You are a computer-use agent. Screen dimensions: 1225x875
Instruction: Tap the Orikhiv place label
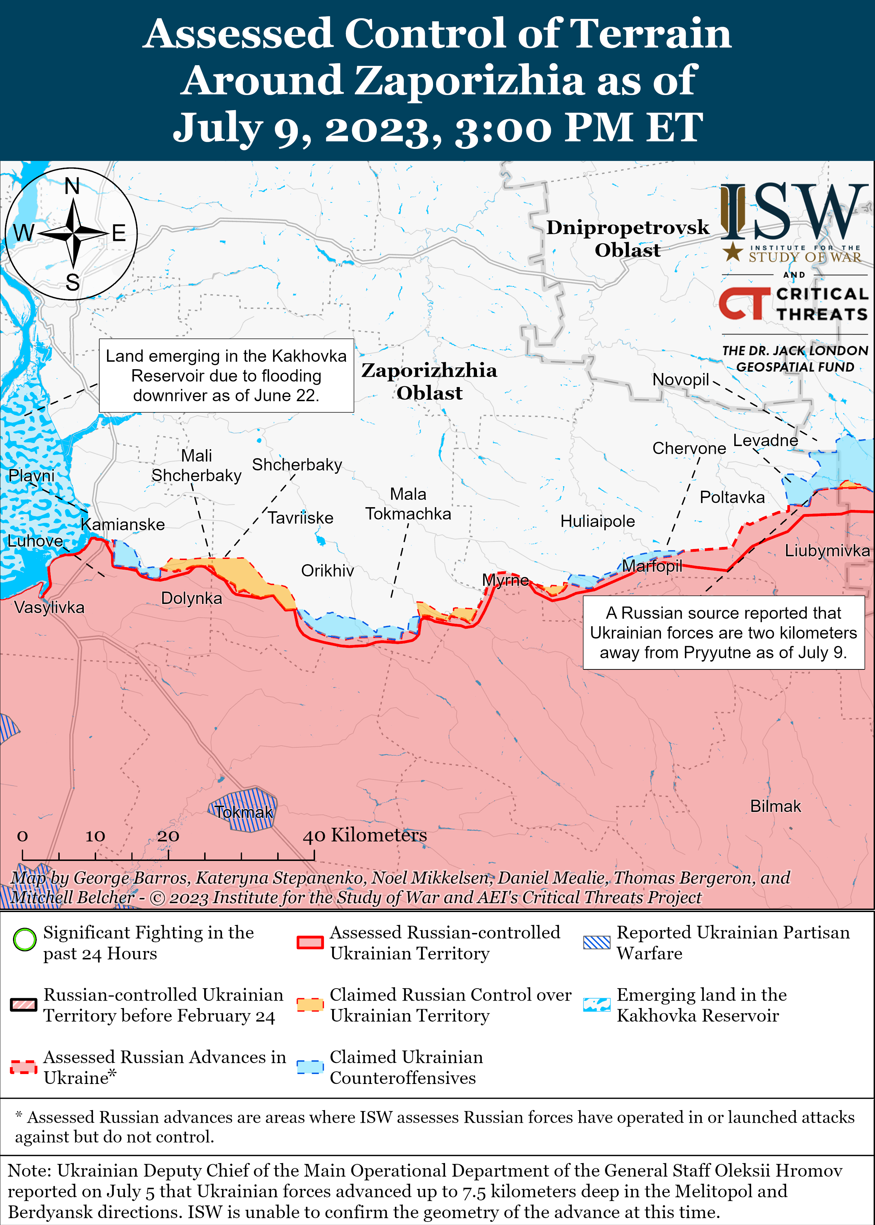pos(327,571)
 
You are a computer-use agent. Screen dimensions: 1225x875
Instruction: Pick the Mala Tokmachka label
pos(408,504)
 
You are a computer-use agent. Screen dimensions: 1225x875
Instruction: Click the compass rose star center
pos(73,233)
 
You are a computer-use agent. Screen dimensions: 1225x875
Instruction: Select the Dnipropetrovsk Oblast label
pos(627,238)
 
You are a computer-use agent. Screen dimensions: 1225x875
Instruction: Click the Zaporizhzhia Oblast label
pos(429,381)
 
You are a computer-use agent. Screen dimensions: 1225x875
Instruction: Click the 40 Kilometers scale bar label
pos(365,835)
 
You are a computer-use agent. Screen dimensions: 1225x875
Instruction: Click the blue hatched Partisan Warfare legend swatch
pos(596,942)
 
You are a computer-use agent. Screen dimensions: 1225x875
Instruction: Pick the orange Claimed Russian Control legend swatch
pos(310,1004)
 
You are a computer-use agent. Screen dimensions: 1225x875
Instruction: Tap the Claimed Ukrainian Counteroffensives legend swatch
pos(310,1066)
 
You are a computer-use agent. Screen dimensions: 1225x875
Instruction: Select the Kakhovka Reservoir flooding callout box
pos(226,375)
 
